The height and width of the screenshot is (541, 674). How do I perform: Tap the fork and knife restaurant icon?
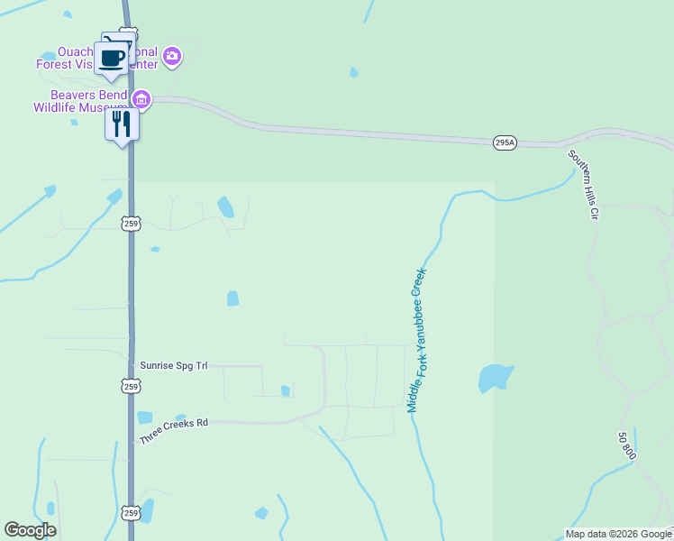[122, 124]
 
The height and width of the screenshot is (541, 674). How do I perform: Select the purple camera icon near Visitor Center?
[172, 57]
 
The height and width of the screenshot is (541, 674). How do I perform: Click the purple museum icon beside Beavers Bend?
[141, 98]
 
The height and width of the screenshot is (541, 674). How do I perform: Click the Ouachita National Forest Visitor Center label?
[97, 58]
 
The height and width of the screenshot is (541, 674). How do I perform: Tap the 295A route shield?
[505, 142]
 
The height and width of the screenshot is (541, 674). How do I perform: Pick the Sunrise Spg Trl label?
[174, 366]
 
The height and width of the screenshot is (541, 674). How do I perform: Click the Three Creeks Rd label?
[173, 430]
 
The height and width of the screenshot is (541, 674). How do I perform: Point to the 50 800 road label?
[627, 445]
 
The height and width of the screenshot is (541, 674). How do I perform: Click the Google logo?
[30, 530]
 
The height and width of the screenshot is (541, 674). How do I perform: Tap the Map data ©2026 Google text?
[619, 534]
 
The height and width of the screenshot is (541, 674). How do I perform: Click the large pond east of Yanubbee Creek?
[495, 378]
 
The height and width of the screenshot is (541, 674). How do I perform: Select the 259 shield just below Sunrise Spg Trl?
[131, 387]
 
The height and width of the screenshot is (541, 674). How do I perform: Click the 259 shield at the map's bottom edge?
[131, 512]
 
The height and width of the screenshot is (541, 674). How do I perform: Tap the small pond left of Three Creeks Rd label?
[144, 417]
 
